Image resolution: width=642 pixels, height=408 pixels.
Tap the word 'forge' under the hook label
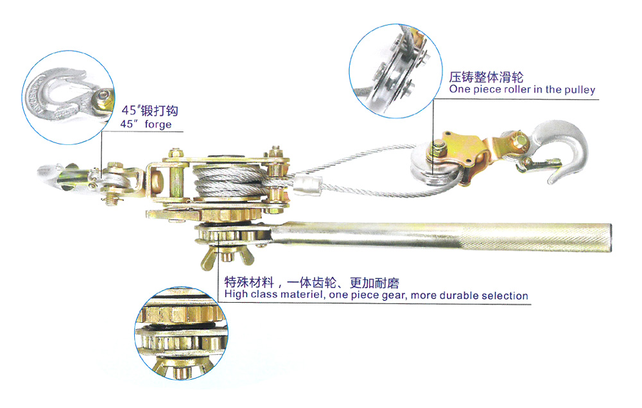click(158, 124)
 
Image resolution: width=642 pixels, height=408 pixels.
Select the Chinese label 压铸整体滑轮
click(486, 77)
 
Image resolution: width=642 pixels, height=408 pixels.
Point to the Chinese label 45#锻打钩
click(150, 110)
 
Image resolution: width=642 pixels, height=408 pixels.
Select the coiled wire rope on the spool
click(227, 180)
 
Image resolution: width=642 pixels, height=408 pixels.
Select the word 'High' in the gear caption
click(236, 294)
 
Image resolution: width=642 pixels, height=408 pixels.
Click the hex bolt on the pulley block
click(438, 149)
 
